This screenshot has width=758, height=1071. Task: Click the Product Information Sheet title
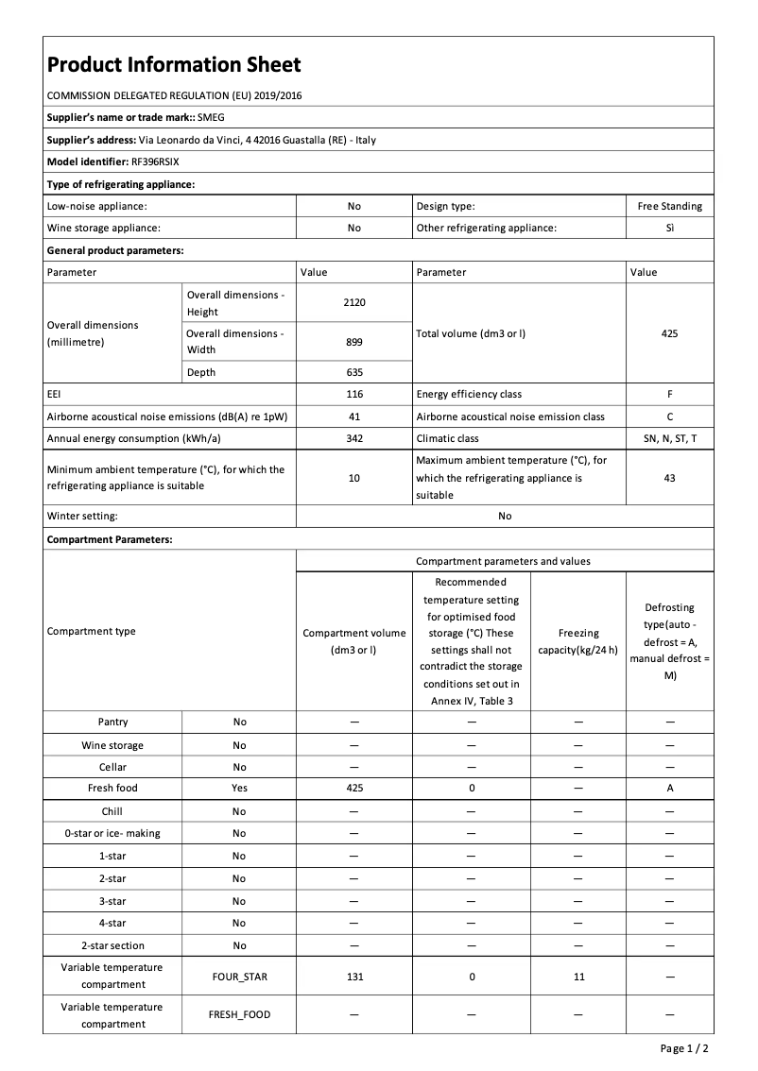(174, 65)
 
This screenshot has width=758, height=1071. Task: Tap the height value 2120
(353, 302)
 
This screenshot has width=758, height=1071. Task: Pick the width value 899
(353, 342)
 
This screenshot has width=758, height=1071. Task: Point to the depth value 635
(353, 372)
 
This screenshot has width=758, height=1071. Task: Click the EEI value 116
(353, 394)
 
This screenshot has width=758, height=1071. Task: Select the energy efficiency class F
(669, 394)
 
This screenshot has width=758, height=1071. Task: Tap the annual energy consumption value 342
(353, 438)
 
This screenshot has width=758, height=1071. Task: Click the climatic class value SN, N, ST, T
(669, 438)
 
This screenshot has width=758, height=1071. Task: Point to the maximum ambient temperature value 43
(669, 478)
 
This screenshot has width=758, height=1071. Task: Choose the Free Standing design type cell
(669, 206)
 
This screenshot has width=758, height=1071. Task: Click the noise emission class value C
(669, 416)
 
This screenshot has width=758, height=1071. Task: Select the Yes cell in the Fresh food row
(239, 788)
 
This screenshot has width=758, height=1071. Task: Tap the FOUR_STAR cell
(239, 977)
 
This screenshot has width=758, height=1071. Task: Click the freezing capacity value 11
(578, 977)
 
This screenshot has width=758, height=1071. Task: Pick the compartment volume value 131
(353, 977)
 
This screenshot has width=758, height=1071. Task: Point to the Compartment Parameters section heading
(110, 539)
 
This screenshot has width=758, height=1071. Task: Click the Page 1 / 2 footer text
(684, 1048)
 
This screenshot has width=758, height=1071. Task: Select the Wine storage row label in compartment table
(112, 745)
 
